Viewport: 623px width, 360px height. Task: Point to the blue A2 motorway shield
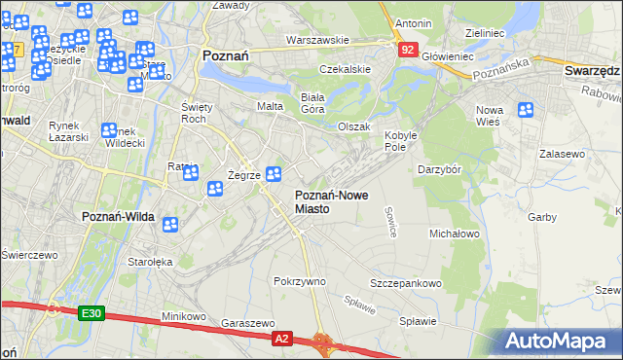[x=281, y=338]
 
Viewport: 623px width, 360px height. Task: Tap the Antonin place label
[x=413, y=22]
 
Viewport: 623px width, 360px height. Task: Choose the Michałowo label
[x=455, y=234]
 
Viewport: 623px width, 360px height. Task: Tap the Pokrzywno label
[x=299, y=281]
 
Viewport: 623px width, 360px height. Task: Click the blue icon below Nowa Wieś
[x=526, y=112]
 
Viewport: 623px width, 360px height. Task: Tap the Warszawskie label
[x=317, y=41]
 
